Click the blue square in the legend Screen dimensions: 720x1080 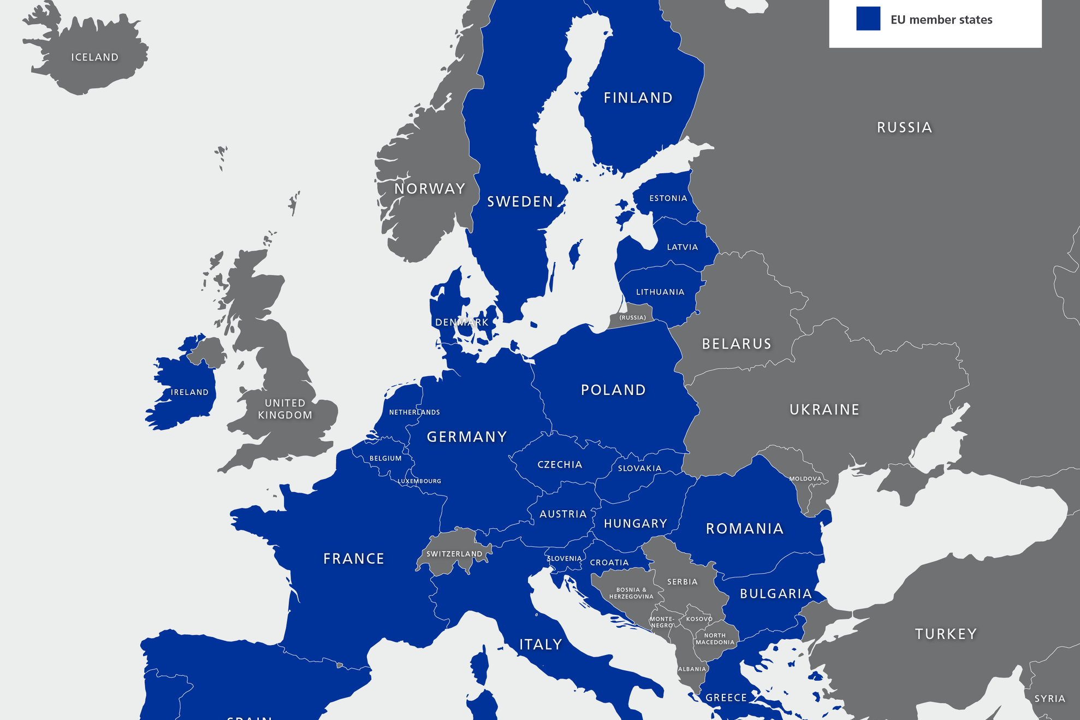click(868, 19)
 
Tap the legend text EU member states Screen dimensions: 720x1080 click(941, 20)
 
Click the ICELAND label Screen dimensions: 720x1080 click(94, 57)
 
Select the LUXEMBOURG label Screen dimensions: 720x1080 click(419, 481)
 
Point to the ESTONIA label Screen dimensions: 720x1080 click(668, 198)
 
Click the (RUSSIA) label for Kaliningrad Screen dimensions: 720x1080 click(632, 317)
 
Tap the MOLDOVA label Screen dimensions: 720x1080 click(805, 479)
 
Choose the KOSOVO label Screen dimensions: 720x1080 click(699, 619)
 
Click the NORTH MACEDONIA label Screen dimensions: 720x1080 click(715, 639)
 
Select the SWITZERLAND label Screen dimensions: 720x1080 click(454, 554)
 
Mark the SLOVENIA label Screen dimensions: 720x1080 click(565, 558)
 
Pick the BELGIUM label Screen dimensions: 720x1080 click(385, 458)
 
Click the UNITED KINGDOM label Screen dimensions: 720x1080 click(285, 409)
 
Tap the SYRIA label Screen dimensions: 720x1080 click(1049, 699)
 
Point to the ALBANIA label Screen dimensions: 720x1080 click(692, 669)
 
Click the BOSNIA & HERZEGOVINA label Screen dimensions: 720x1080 click(631, 593)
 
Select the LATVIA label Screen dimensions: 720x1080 click(682, 247)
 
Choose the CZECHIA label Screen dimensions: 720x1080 click(560, 464)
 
